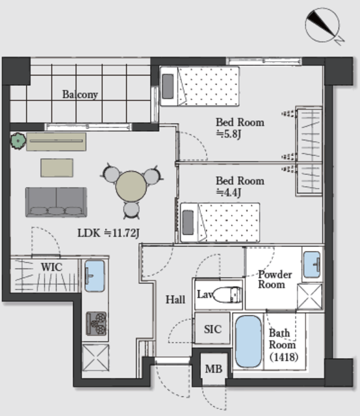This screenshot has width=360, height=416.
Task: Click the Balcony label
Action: [80, 94]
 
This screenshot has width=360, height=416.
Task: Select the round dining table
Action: [131, 187]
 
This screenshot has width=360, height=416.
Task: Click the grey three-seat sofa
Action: [57, 202]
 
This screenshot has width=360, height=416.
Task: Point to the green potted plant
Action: [18, 141]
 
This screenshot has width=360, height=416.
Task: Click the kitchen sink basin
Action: [94, 276]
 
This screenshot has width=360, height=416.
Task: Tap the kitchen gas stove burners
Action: [96, 324]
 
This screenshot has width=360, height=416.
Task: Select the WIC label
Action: [52, 267]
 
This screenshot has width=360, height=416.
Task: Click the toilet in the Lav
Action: [227, 294]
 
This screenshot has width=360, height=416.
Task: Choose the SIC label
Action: [212, 330]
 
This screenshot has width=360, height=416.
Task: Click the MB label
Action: [214, 369]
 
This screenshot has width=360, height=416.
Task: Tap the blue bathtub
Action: [248, 341]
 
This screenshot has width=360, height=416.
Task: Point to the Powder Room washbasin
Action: [312, 265]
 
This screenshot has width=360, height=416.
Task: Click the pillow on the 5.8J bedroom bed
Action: [168, 86]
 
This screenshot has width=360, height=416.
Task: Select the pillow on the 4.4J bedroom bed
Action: [188, 222]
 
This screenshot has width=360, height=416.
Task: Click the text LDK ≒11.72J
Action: [109, 233]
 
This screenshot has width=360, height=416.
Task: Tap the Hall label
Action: [175, 300]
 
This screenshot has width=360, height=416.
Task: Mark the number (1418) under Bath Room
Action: [284, 357]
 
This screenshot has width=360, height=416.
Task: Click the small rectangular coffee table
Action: [57, 168]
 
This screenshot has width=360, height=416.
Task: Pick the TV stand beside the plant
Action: [57, 142]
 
